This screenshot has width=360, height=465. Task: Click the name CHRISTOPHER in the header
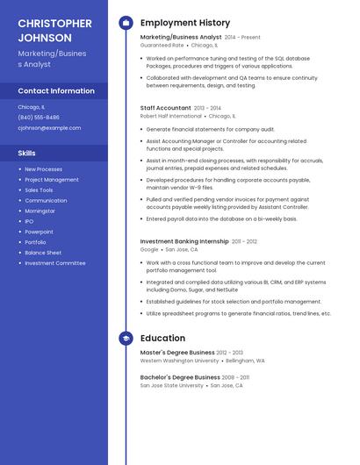coord(54,23)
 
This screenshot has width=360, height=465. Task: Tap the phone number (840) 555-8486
coord(39,117)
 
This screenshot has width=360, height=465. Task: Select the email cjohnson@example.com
coord(49,127)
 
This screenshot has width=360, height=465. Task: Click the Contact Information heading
coord(56,91)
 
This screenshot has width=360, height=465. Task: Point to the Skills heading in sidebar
coord(26,153)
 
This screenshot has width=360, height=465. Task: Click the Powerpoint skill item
coord(39,232)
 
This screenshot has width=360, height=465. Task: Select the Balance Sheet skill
coord(43,253)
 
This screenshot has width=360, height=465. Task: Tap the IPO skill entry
coord(29,221)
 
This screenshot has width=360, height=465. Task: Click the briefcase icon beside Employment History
coord(126,23)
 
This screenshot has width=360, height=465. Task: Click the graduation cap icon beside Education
coord(126,338)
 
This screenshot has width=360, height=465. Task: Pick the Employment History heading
coord(184,23)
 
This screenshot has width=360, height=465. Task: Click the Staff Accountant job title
coord(166,107)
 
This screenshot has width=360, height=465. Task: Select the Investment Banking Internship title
coord(184,241)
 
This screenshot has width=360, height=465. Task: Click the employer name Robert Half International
coord(170,115)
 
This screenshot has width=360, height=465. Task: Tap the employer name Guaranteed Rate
coord(162,45)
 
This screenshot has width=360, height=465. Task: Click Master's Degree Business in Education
coord(179,352)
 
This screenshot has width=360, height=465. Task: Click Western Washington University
coord(179,360)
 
